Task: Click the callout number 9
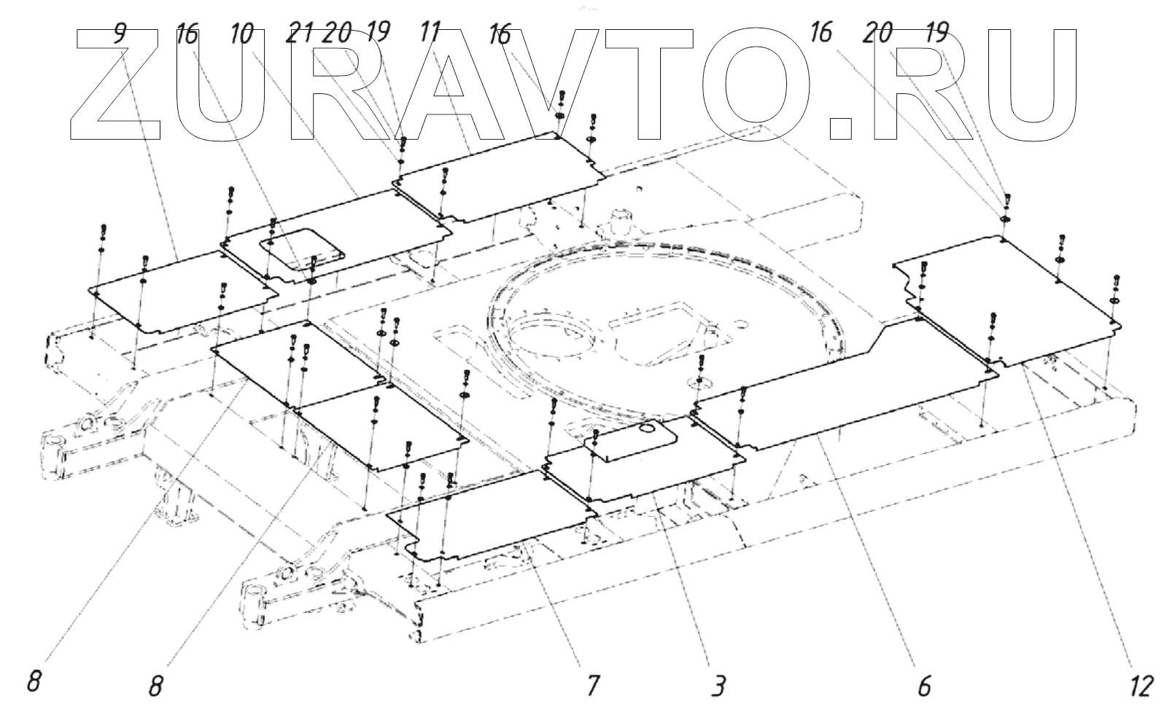[120, 34]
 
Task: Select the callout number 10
[241, 34]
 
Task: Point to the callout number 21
[300, 34]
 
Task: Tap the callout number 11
[430, 32]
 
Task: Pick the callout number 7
[592, 685]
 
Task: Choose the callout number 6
[924, 686]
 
